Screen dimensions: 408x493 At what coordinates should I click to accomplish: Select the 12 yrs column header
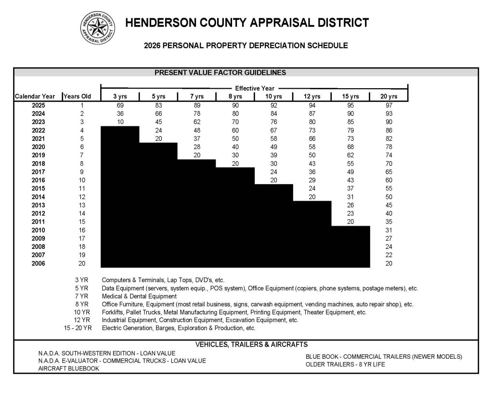click(x=312, y=96)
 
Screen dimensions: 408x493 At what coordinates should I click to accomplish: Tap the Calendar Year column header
click(x=35, y=96)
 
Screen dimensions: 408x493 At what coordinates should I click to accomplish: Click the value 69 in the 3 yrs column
click(x=120, y=105)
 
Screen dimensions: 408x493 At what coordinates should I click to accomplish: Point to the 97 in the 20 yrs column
click(x=389, y=105)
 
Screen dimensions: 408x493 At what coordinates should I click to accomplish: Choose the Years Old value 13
click(x=82, y=205)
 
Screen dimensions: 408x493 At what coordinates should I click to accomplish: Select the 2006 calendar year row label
click(x=38, y=263)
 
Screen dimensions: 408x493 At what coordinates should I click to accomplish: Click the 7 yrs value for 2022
click(x=197, y=131)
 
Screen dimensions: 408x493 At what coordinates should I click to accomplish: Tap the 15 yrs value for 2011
click(x=350, y=221)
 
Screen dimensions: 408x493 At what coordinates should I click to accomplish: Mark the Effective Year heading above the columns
click(x=254, y=88)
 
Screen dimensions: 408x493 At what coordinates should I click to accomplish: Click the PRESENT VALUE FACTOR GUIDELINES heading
click(x=220, y=73)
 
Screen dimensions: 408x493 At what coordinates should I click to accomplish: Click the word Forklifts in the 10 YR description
click(x=113, y=313)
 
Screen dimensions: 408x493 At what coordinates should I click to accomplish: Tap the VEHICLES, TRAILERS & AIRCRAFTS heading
click(x=251, y=344)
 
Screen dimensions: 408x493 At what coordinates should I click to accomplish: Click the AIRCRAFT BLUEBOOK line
click(x=69, y=368)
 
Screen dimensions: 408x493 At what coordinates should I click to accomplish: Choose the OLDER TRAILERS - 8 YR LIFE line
click(x=345, y=365)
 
